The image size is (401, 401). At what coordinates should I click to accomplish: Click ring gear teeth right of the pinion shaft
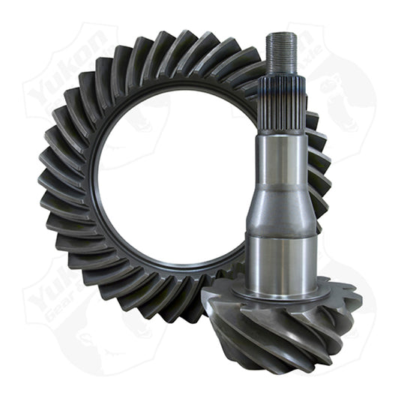(x=318, y=172)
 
